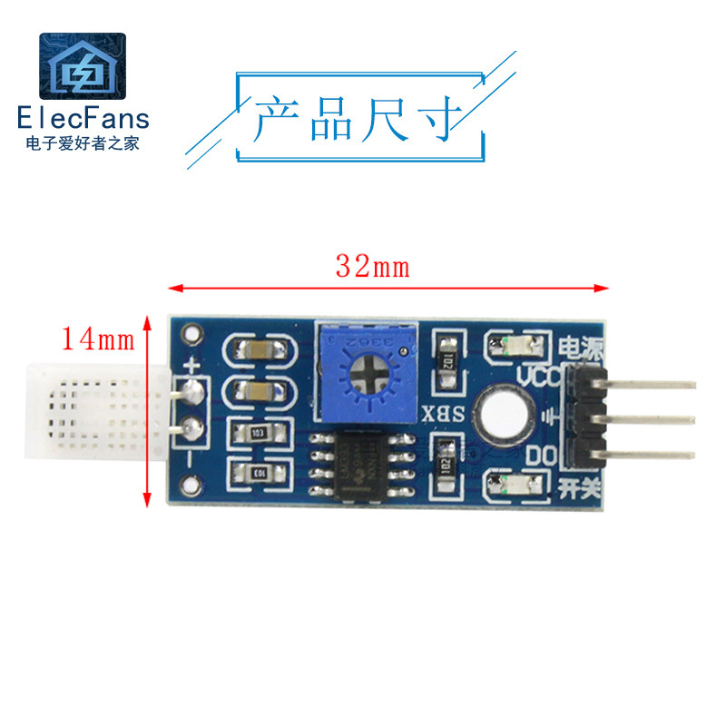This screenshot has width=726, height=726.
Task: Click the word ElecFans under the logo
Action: (x=83, y=118)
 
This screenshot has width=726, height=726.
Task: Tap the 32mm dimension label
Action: (x=373, y=268)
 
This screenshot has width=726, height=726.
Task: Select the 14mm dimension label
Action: (x=97, y=340)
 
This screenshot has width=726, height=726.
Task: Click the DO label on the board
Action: (x=541, y=455)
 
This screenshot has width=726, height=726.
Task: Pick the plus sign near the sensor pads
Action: (x=191, y=366)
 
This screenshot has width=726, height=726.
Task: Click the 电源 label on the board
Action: (x=582, y=348)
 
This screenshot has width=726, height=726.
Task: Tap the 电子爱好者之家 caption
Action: (x=83, y=142)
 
